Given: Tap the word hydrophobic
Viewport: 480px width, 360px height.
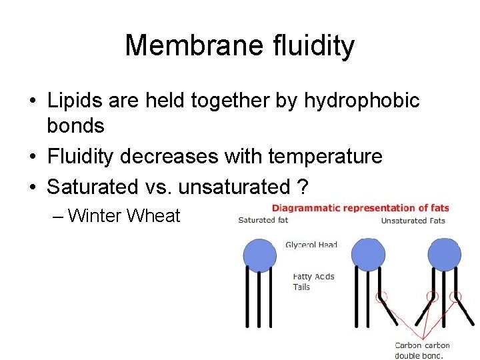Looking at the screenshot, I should (362, 101).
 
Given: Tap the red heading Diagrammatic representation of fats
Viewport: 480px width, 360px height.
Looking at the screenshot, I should (361, 208).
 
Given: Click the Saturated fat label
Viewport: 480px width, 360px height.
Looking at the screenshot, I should (263, 221).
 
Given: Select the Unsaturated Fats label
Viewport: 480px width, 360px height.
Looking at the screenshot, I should (413, 221).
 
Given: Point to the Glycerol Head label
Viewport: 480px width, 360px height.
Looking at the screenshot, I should (311, 245).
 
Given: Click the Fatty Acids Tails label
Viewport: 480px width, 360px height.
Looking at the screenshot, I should (313, 282).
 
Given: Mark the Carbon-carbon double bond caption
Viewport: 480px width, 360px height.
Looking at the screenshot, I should (423, 350).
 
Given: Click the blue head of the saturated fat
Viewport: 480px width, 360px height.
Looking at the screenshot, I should (260, 255).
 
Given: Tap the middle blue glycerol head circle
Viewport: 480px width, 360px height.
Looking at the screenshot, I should (368, 255).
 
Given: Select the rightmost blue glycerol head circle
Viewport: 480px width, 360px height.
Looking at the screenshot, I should (445, 255).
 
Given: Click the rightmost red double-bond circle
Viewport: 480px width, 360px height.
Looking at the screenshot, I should (456, 297).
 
